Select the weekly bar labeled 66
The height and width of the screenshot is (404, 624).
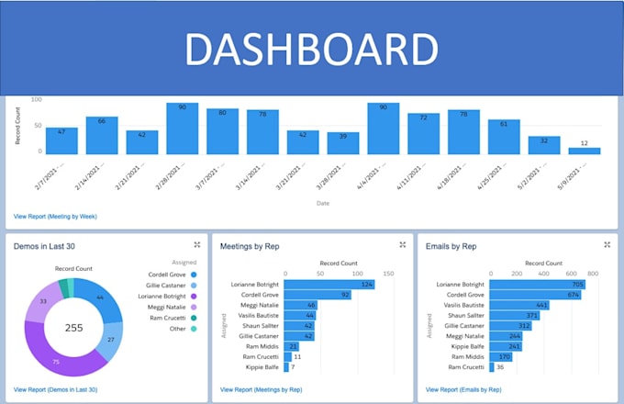[102, 135]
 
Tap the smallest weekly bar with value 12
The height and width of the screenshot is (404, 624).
[585, 150]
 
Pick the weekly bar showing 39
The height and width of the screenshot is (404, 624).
[343, 142]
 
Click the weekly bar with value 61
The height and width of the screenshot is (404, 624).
[504, 136]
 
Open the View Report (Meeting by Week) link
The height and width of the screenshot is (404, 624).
[55, 217]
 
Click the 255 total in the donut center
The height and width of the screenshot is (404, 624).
[73, 326]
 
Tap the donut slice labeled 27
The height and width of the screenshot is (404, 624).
[111, 339]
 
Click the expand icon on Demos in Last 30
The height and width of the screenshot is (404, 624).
[197, 244]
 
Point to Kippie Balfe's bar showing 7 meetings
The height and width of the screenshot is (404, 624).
[286, 366]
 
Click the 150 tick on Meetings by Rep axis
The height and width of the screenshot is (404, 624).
[388, 274]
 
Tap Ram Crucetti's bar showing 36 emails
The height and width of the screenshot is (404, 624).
[493, 366]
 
